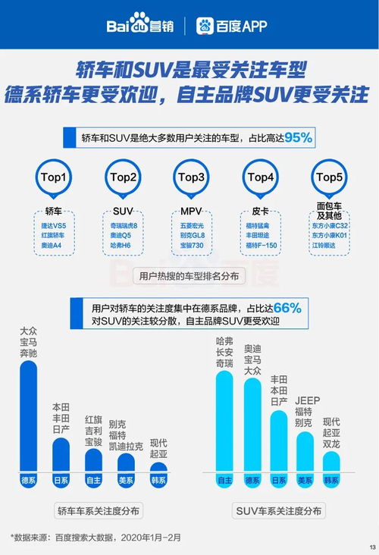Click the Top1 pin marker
click(53, 178)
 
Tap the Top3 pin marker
click(191, 178)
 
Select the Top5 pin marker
click(329, 178)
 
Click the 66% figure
click(287, 308)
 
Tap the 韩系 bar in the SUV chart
click(331, 464)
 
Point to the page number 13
click(371, 547)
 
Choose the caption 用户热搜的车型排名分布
click(189, 277)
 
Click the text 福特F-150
click(260, 245)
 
